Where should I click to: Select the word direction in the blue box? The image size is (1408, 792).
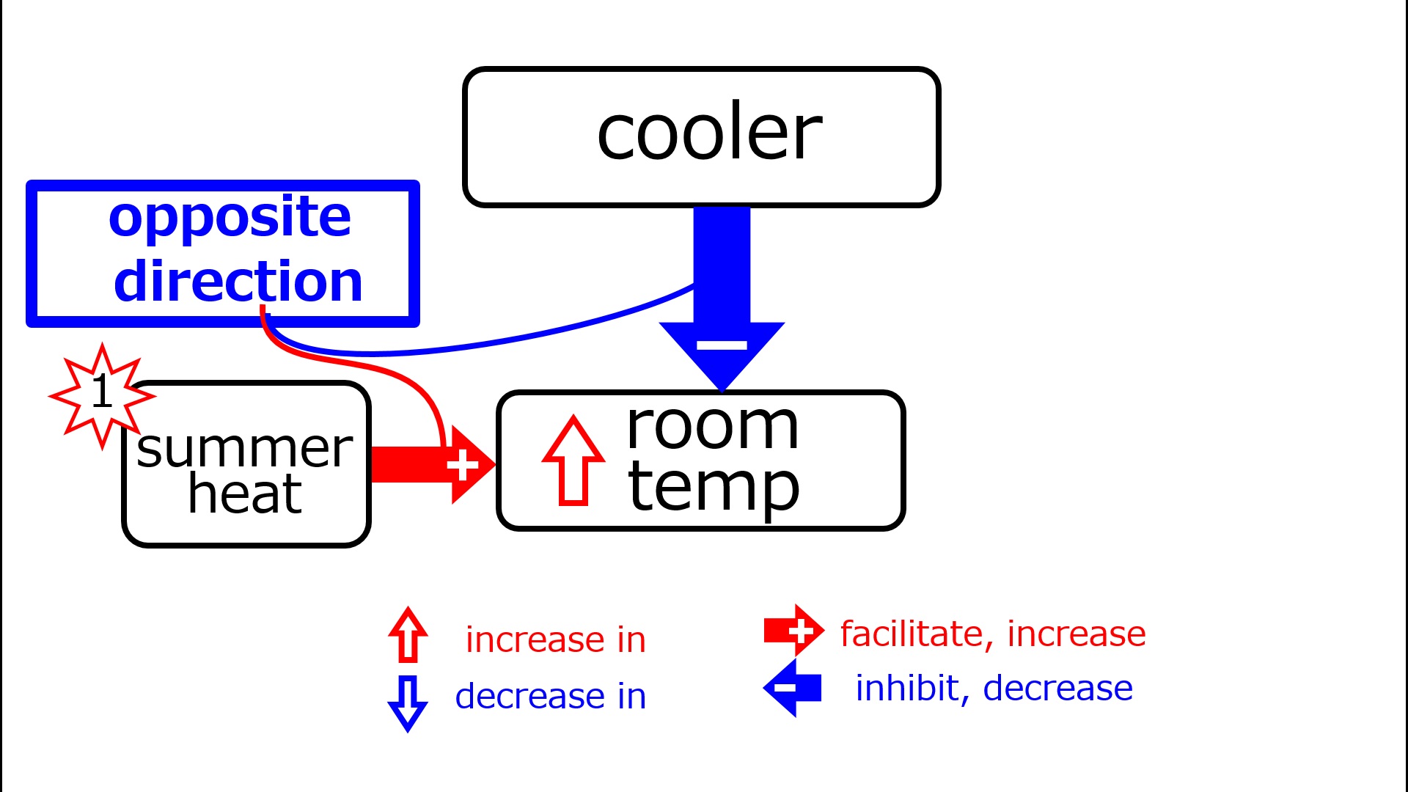[x=238, y=282]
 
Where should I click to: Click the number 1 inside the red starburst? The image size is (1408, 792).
[x=102, y=392]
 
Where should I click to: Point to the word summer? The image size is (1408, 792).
[x=245, y=449]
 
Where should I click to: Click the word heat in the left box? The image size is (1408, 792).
[x=245, y=494]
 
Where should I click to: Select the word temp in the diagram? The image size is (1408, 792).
[x=714, y=487]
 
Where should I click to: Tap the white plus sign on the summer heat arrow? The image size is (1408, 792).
[x=462, y=465]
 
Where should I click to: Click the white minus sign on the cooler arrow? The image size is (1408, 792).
[x=722, y=345]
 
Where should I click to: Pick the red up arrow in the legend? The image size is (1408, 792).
[x=408, y=635]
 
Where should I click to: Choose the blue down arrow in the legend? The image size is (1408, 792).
[x=408, y=703]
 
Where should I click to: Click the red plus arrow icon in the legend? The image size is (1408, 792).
[x=794, y=631]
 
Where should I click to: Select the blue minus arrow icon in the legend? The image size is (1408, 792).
[x=792, y=688]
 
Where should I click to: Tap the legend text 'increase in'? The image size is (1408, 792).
[x=556, y=640]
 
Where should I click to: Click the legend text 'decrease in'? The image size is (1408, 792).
[x=551, y=697]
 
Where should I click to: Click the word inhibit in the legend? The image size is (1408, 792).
[x=908, y=689]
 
